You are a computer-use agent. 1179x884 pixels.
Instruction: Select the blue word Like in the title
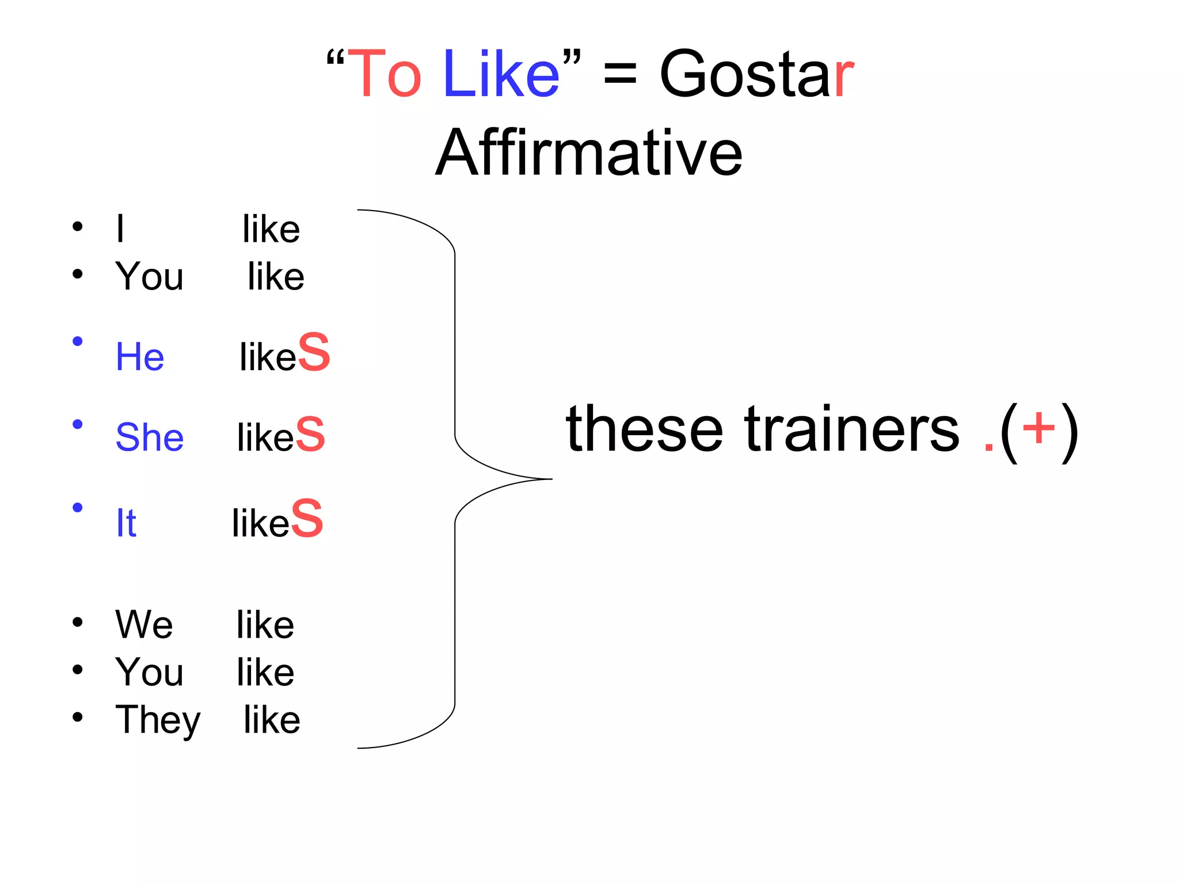click(501, 75)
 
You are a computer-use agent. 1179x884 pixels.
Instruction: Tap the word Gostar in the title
click(756, 75)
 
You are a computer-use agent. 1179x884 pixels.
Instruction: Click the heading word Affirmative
click(589, 153)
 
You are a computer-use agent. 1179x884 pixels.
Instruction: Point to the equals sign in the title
click(620, 75)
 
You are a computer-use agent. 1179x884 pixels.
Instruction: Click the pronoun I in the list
click(120, 229)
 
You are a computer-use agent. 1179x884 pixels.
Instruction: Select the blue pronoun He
click(140, 357)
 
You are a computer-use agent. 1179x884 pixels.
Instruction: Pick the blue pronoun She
click(150, 437)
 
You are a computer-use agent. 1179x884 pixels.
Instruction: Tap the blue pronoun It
click(126, 523)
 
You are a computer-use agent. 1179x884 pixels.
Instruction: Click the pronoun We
click(144, 625)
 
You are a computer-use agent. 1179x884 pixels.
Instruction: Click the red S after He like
click(314, 352)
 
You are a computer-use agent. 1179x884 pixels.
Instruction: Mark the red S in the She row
click(310, 435)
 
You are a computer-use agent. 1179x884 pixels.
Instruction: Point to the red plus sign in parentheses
click(1039, 428)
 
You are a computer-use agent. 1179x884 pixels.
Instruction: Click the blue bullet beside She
click(78, 425)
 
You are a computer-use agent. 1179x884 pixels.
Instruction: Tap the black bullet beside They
click(78, 717)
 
